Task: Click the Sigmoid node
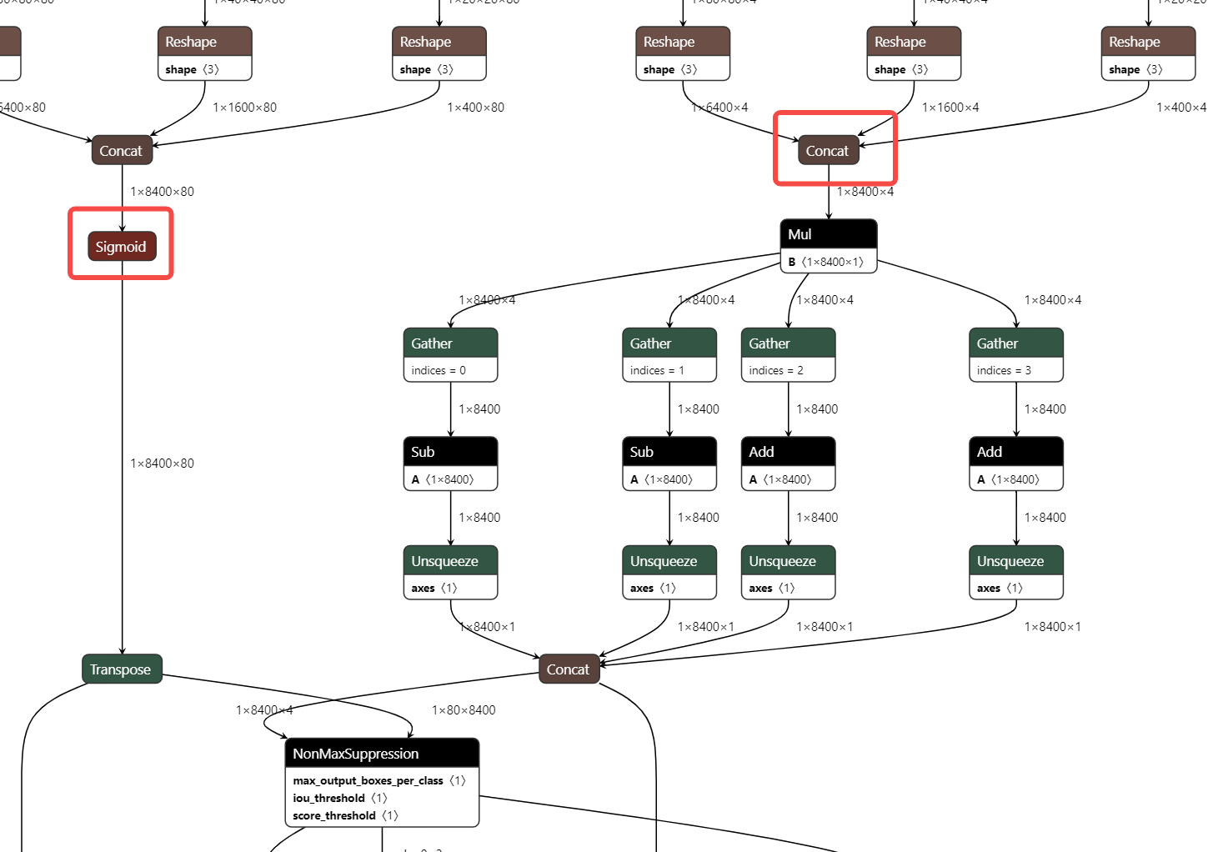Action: (x=122, y=247)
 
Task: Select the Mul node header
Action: (x=828, y=234)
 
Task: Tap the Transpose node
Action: (x=122, y=669)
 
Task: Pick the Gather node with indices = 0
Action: (x=450, y=343)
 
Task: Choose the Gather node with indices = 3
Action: (x=1015, y=343)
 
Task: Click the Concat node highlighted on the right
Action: (x=828, y=151)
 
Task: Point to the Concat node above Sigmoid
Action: (x=122, y=151)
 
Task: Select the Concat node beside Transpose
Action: (x=569, y=669)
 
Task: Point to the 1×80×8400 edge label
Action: (x=464, y=710)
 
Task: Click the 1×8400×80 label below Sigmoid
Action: (x=162, y=464)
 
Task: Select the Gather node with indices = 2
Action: (x=788, y=343)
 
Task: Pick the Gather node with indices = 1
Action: (x=669, y=343)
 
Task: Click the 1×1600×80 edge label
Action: (x=244, y=108)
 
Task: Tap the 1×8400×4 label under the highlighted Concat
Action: (x=865, y=192)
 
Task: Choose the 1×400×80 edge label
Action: (x=475, y=108)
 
